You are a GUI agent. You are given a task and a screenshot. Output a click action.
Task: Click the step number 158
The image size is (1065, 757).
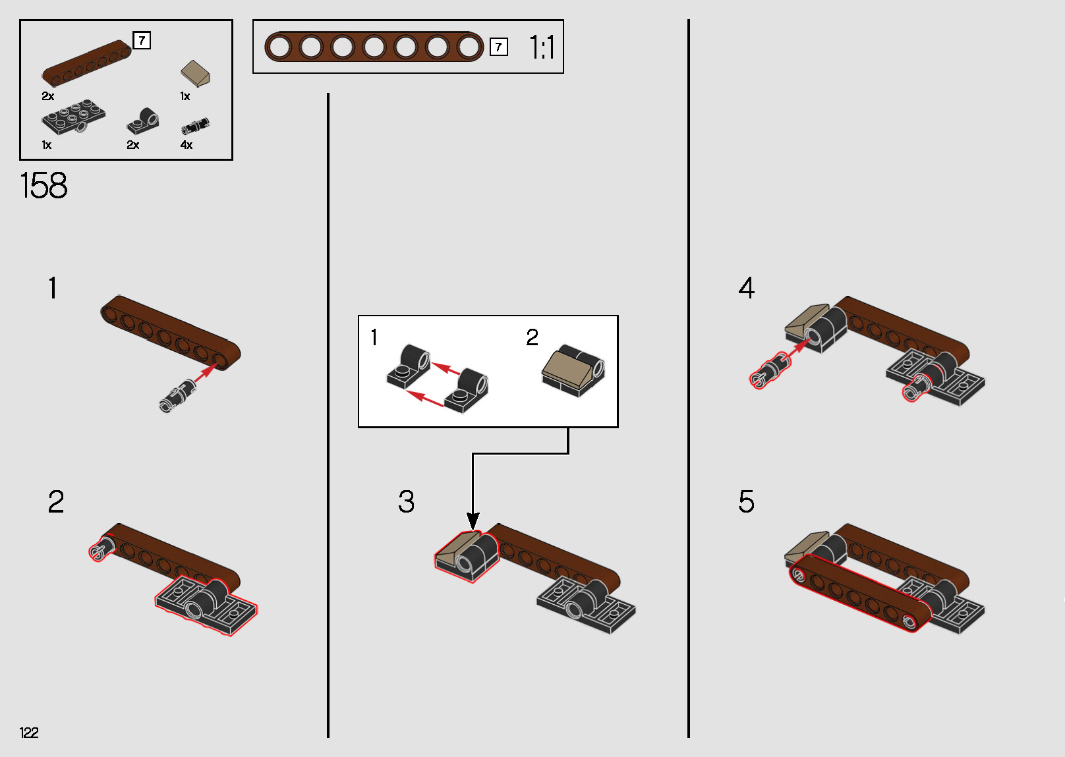click(x=43, y=186)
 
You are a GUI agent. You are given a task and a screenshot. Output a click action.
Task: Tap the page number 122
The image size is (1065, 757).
click(x=29, y=733)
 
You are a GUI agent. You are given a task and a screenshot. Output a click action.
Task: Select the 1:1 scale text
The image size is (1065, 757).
click(x=542, y=47)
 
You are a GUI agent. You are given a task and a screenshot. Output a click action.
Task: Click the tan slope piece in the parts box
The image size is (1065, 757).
click(x=196, y=73)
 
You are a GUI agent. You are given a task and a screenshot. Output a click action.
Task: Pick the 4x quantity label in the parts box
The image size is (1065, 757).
click(x=187, y=145)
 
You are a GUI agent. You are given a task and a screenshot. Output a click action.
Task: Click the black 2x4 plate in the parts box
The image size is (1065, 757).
click(x=72, y=117)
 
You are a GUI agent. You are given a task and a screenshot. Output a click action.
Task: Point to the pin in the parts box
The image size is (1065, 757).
click(x=195, y=125)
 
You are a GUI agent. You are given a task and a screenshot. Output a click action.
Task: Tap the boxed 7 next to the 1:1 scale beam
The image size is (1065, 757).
click(x=499, y=47)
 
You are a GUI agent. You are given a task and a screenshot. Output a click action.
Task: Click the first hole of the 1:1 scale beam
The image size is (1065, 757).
click(x=279, y=47)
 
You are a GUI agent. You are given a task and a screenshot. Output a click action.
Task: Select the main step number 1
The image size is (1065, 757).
click(x=53, y=289)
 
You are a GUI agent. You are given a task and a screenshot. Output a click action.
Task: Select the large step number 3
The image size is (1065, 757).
click(x=407, y=502)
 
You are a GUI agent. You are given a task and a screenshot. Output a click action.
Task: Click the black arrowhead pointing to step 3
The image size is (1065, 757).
click(x=473, y=520)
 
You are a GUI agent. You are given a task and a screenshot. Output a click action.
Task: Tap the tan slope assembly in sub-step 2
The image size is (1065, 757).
click(x=572, y=371)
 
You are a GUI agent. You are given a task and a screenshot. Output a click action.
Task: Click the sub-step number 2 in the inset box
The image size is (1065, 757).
click(x=532, y=338)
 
